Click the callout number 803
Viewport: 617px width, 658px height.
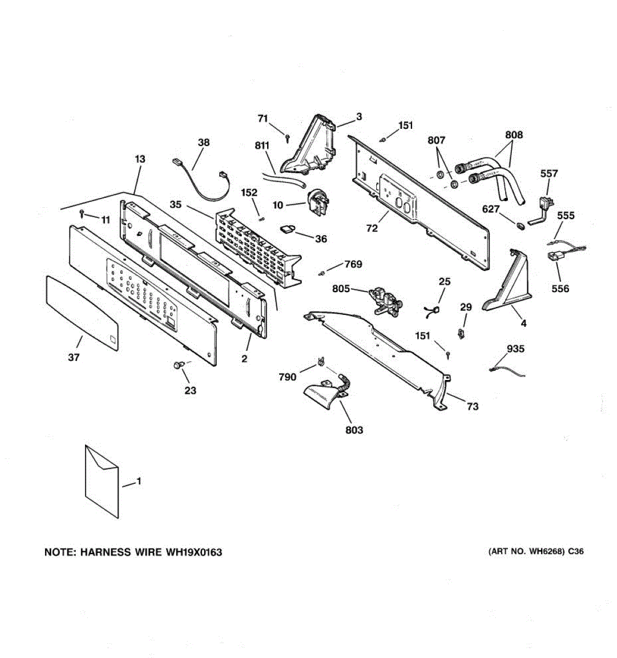point(354,430)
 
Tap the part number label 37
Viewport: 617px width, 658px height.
point(73,358)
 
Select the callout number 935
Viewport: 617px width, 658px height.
point(516,349)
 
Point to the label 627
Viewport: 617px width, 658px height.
point(491,209)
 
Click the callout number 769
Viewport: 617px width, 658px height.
point(353,264)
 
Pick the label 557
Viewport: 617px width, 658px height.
point(549,173)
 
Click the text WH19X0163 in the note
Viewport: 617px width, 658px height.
point(194,552)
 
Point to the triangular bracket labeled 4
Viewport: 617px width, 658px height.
point(507,282)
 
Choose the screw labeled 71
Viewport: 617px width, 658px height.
point(287,138)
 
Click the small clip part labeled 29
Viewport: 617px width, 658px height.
point(462,332)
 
